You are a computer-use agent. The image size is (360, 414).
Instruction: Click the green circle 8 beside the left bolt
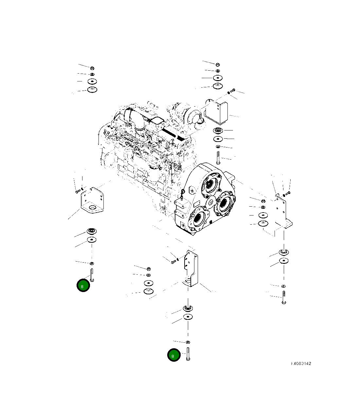tap(83, 286)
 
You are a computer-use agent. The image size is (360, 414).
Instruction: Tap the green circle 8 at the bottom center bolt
tap(174, 355)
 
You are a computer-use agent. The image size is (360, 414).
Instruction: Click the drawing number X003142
tap(301, 363)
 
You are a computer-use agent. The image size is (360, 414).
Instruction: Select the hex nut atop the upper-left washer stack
tap(92, 68)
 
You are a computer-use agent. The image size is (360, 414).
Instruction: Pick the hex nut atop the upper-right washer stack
tap(218, 64)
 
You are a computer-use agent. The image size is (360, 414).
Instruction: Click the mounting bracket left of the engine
tap(92, 201)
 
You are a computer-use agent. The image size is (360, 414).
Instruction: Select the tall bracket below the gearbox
tap(192, 268)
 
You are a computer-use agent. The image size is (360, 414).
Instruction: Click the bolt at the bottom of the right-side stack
tap(283, 297)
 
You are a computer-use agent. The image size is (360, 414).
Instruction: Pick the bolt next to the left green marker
tap(92, 275)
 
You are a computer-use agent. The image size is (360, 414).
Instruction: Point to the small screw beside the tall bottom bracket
tap(173, 261)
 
